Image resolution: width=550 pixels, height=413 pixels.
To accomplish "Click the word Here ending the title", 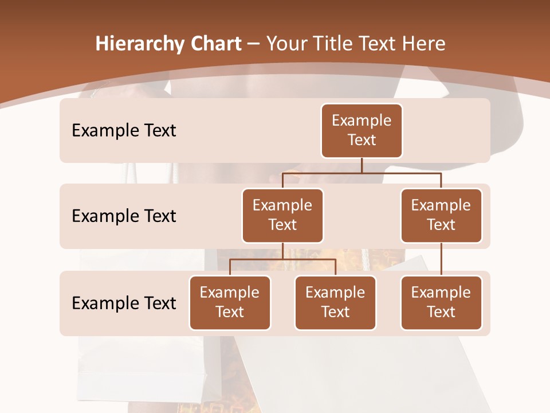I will pos(423,44).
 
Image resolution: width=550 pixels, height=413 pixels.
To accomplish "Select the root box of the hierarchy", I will pos(362,130).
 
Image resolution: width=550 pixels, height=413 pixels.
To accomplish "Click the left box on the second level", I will pos(282,215).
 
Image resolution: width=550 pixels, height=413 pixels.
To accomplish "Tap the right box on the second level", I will pos(441,215).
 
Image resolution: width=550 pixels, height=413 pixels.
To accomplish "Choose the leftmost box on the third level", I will pos(230,302).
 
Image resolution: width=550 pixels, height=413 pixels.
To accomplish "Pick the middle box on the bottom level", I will pos(335,302).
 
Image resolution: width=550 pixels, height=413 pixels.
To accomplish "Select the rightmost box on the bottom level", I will pos(441,302).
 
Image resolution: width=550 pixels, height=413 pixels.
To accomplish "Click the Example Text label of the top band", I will pos(124,131).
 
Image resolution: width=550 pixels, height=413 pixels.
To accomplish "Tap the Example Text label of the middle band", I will pos(124,216).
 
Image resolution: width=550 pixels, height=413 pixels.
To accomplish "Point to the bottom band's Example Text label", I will pos(124,303).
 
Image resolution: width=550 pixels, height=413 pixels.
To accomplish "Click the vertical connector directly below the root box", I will pos(362,165).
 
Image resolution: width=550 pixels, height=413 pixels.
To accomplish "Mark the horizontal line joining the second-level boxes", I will pos(362,173).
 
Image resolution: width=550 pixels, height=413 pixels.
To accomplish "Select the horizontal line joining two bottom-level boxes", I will pos(282,259).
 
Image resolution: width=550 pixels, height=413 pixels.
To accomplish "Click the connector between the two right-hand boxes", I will pos(441,259).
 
